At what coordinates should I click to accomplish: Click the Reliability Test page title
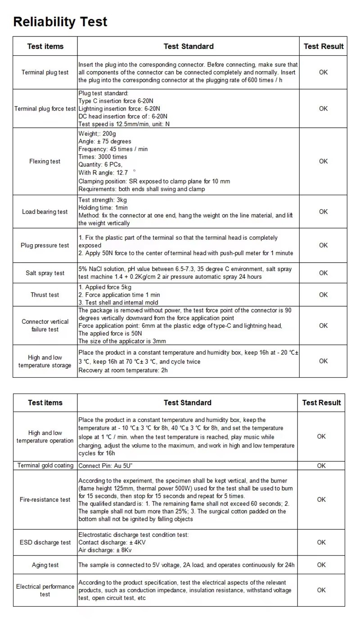[60, 22]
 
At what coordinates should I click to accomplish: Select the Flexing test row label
[45, 161]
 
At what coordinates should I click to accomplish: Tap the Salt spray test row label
[45, 273]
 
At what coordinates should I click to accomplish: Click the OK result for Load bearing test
[323, 211]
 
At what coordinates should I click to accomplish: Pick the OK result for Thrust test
[323, 295]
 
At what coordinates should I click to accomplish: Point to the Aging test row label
[45, 565]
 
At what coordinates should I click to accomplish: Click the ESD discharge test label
[45, 542]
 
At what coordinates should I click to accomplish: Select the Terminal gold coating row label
[45, 465]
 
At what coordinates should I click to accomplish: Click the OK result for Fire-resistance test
[321, 499]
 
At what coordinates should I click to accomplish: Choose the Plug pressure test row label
[45, 246]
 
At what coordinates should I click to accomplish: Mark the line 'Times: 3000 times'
[103, 157]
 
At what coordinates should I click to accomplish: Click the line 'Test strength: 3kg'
[103, 200]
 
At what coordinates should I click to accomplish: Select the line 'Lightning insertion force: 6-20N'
[119, 109]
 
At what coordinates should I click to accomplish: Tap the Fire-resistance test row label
[45, 500]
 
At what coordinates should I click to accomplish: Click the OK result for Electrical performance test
[321, 590]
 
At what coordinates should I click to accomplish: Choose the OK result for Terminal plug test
[323, 72]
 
